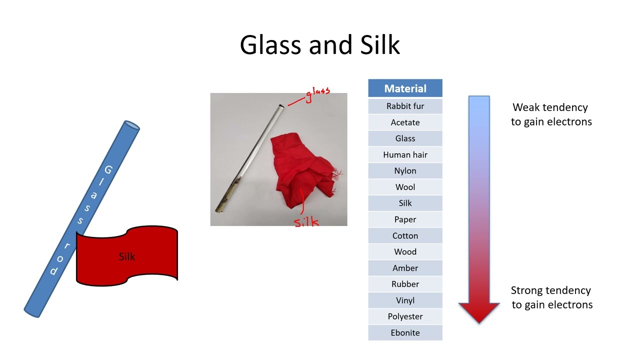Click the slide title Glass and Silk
[x=320, y=45]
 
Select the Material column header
[x=405, y=88]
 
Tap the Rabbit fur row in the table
[x=405, y=106]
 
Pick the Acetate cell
[x=405, y=122]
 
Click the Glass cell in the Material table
[x=405, y=138]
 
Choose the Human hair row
[x=405, y=155]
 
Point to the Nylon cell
[x=405, y=171]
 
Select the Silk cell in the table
[x=405, y=203]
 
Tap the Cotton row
[x=405, y=235]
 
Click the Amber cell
[x=405, y=268]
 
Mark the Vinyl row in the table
[x=405, y=300]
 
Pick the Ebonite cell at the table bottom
[x=405, y=332]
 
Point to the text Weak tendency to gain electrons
[x=551, y=114]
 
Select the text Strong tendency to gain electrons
[x=551, y=297]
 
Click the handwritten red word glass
[x=317, y=93]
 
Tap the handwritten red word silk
[x=306, y=221]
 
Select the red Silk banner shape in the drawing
[x=127, y=256]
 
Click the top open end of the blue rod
[x=131, y=125]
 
